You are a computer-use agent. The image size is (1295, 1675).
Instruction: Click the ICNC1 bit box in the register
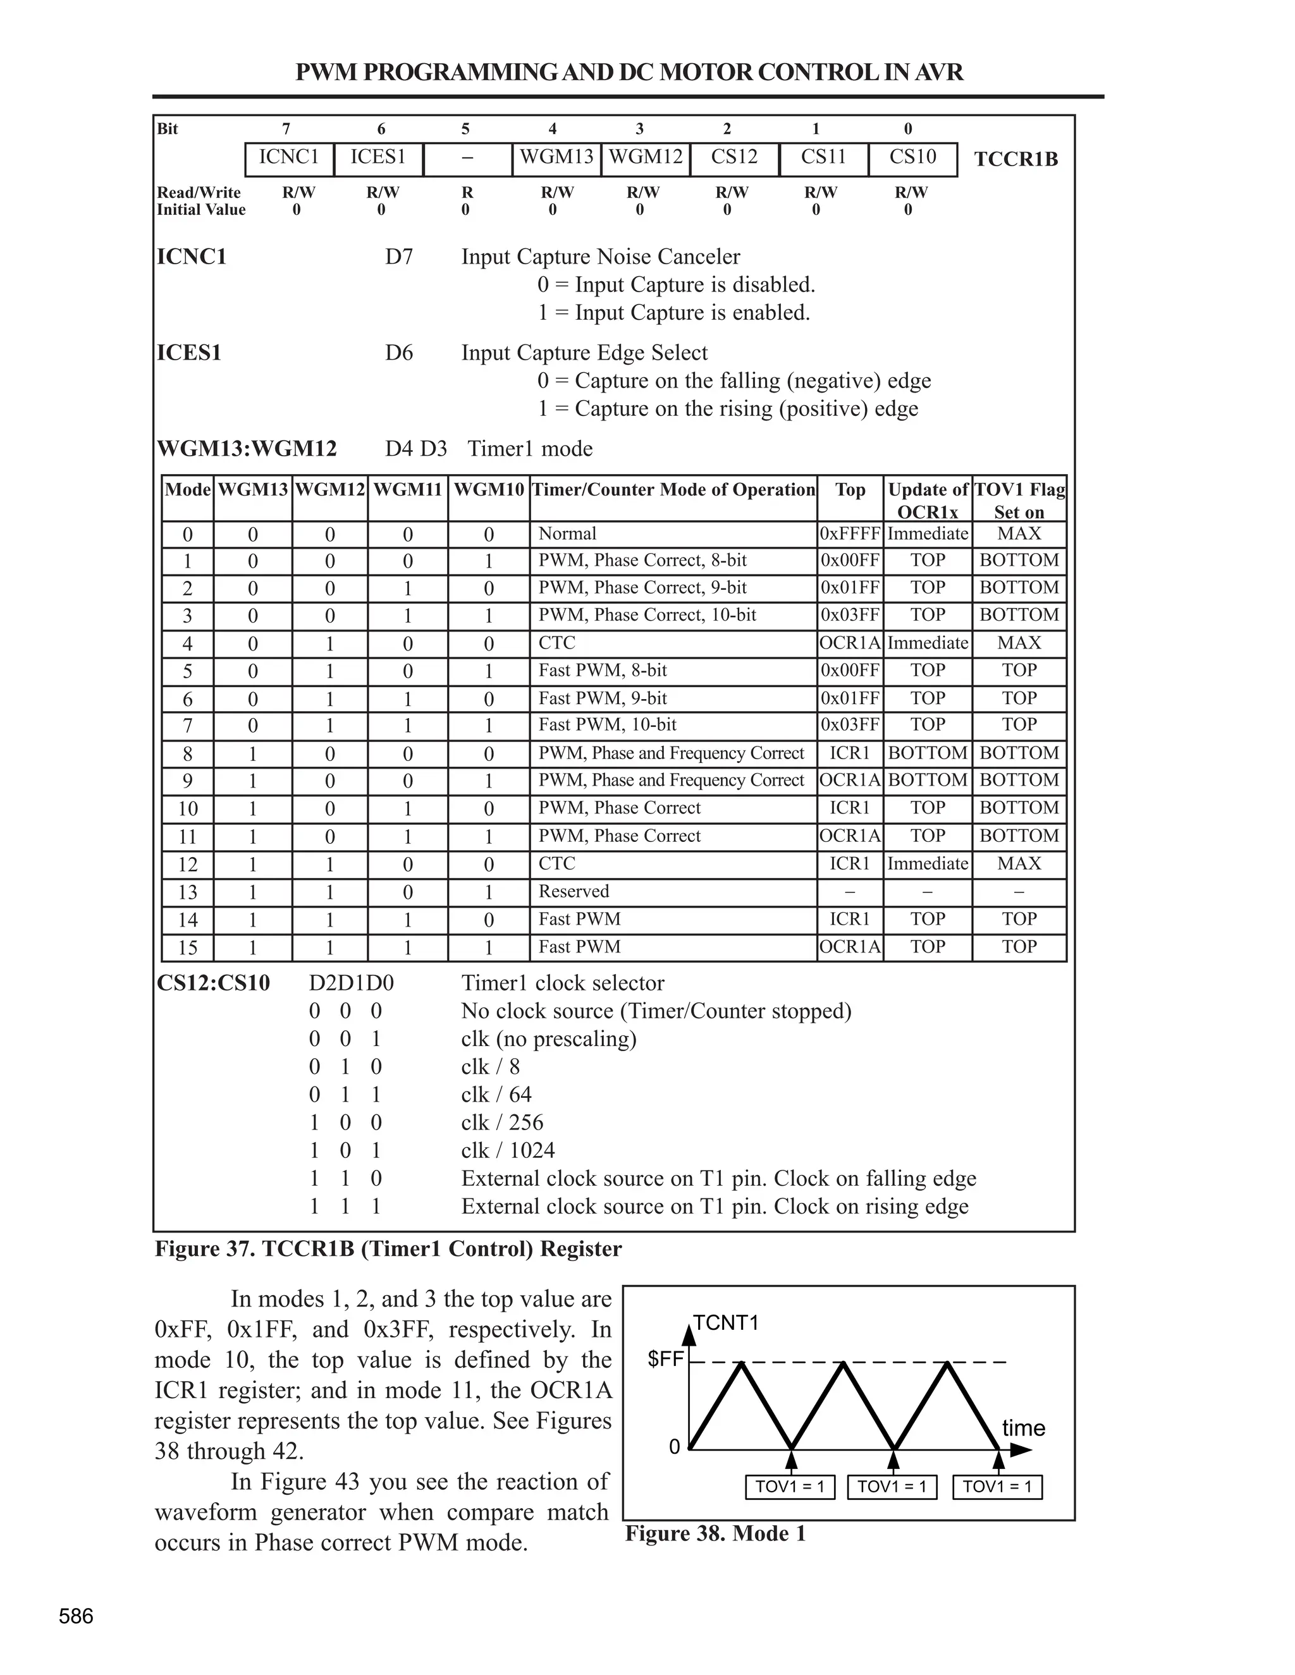pos(289,158)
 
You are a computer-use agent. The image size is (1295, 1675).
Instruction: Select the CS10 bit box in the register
pos(912,158)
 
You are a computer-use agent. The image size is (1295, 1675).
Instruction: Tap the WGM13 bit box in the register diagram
pos(557,158)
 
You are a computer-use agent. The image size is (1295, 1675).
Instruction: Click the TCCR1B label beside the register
pos(1016,159)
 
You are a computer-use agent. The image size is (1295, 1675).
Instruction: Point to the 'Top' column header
pos(850,490)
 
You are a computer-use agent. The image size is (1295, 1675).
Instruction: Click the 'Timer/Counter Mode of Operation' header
pos(673,490)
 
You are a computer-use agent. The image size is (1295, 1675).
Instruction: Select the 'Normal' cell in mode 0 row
pos(567,534)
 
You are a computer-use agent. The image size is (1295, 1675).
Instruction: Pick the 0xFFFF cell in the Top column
pos(850,534)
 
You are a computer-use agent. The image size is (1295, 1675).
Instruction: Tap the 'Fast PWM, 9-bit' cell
pos(602,698)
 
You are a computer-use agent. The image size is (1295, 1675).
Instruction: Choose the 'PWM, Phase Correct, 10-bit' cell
pos(647,615)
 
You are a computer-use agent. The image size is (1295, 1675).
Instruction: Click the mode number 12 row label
pos(187,864)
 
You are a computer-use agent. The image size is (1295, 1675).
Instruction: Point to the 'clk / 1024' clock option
pos(508,1150)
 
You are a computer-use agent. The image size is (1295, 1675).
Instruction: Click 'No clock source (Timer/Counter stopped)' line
pos(656,1011)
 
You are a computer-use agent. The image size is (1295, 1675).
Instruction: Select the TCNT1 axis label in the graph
pos(726,1323)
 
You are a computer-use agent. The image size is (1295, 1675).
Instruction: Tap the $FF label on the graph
pos(665,1360)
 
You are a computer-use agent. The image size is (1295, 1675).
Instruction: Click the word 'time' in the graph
pos(1024,1428)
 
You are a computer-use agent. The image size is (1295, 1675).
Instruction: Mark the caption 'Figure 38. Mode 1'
pos(715,1534)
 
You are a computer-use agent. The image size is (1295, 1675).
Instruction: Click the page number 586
pos(76,1617)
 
